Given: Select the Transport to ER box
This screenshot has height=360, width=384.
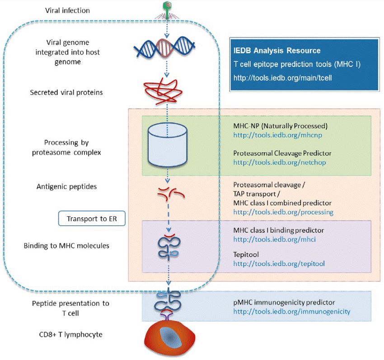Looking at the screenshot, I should [x=92, y=218].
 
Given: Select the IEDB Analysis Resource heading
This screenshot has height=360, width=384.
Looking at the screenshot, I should [x=277, y=51].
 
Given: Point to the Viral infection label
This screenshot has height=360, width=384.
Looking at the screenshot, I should [x=68, y=10].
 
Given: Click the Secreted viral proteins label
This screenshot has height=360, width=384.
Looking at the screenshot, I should [x=66, y=92].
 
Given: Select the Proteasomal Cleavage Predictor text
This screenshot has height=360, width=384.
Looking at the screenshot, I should [x=277, y=153].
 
